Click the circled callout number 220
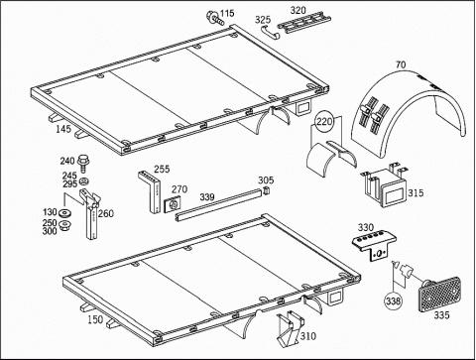[324, 122]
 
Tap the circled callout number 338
[394, 300]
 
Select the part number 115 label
[227, 13]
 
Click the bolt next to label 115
[214, 18]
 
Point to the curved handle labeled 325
[270, 33]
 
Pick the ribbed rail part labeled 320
[304, 22]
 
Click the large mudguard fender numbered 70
[409, 112]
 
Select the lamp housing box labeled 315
[385, 185]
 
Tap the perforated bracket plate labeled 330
[375, 245]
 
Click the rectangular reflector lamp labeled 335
[439, 295]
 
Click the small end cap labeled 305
[266, 190]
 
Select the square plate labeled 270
[173, 205]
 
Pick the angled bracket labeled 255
[151, 191]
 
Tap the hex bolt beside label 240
[82, 164]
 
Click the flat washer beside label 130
[66, 212]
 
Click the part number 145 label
[63, 129]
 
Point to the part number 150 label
[95, 319]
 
